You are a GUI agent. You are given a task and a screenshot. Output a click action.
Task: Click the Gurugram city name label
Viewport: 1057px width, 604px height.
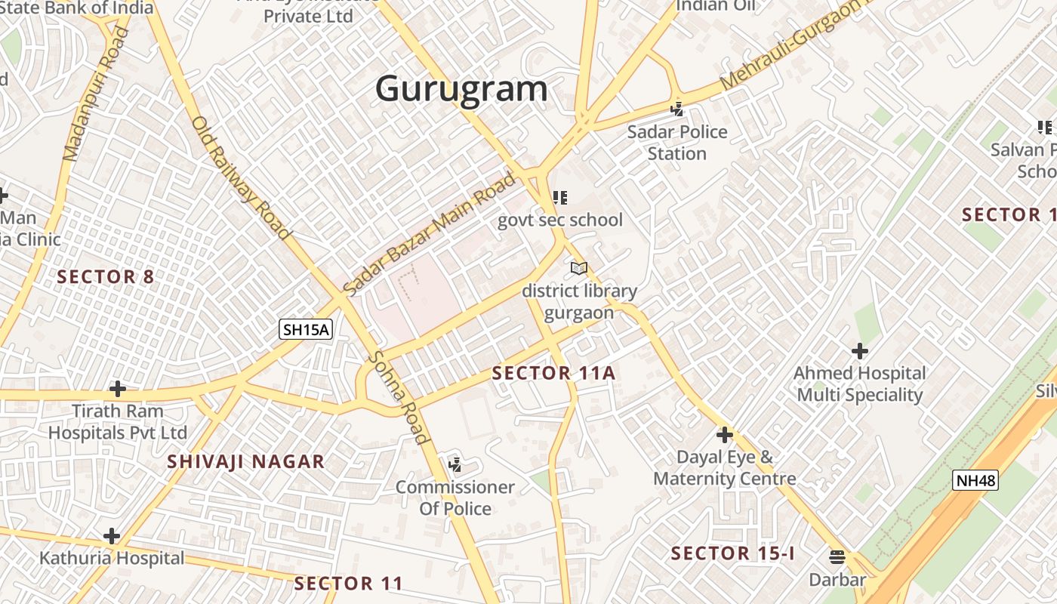pos(461,88)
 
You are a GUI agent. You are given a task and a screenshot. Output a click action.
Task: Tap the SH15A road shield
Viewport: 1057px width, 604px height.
pos(306,329)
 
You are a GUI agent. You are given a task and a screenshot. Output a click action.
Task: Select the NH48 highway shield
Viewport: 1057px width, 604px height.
pos(975,480)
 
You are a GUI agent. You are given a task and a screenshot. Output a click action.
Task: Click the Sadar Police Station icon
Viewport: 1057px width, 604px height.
pos(677,109)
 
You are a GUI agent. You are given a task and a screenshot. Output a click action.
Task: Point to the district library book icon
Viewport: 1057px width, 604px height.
pos(579,268)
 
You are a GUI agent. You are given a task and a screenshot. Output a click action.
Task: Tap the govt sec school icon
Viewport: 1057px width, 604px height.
pos(559,198)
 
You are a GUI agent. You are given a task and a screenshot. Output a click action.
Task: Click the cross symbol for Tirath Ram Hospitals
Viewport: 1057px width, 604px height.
pos(117,389)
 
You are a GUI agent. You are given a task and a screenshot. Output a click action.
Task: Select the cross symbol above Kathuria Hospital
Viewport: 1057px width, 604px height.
pos(112,536)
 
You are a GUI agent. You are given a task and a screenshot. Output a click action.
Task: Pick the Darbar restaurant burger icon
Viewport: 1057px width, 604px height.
pos(837,557)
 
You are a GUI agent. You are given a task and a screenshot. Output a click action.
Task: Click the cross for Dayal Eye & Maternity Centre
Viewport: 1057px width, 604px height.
pos(725,435)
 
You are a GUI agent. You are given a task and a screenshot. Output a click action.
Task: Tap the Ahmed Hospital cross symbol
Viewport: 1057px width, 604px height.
pos(859,351)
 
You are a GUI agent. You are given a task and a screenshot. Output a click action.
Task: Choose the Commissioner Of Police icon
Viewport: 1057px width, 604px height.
pos(455,464)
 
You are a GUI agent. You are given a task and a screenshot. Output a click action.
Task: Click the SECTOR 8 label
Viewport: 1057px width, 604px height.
pos(106,277)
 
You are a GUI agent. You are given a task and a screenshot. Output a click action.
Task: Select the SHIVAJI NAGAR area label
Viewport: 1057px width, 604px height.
pos(245,461)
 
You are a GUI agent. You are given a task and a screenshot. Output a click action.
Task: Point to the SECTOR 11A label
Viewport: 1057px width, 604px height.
pos(553,373)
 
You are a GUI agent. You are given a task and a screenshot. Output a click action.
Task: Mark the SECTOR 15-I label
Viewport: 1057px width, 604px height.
pos(732,553)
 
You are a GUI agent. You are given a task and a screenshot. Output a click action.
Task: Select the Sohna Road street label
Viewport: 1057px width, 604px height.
pos(399,398)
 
